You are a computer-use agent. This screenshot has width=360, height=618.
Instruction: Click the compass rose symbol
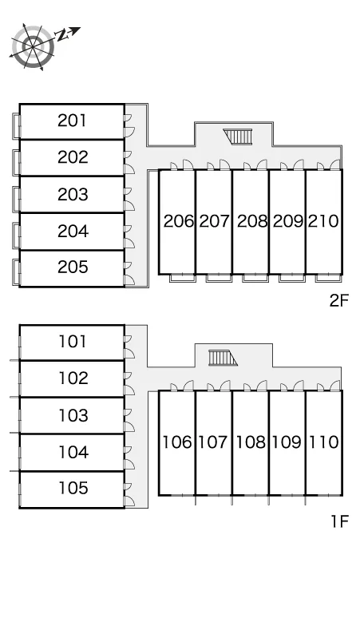pyautogui.click(x=33, y=46)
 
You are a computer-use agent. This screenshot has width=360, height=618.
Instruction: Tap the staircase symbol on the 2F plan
pyautogui.click(x=238, y=137)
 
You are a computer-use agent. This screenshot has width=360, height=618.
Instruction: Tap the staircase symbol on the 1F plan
pyautogui.click(x=223, y=358)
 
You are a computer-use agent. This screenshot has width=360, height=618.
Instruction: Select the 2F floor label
pyautogui.click(x=339, y=301)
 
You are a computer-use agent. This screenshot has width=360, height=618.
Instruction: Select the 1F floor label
pyautogui.click(x=339, y=521)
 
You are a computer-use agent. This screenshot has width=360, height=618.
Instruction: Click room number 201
pyautogui.click(x=72, y=121)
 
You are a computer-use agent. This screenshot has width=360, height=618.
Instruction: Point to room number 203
pyautogui.click(x=73, y=194)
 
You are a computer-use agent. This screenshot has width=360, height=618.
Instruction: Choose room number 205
pyautogui.click(x=73, y=267)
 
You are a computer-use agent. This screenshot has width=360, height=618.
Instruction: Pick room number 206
pyautogui.click(x=179, y=221)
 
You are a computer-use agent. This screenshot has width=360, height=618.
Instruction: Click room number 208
pyautogui.click(x=252, y=221)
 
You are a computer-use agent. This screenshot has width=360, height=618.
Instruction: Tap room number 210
pyautogui.click(x=323, y=221)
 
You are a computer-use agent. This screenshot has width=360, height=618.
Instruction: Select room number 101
pyautogui.click(x=73, y=342)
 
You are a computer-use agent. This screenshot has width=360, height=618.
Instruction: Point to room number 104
pyautogui.click(x=73, y=452)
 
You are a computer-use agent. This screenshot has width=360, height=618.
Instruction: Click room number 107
pyautogui.click(x=212, y=442)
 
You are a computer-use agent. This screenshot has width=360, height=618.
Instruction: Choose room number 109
pyautogui.click(x=287, y=442)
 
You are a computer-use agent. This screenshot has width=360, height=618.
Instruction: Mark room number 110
pyautogui.click(x=323, y=442)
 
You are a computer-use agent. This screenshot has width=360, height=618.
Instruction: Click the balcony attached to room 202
pyautogui.click(x=16, y=162)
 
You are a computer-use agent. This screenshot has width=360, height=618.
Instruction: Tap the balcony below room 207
pyautogui.click(x=219, y=278)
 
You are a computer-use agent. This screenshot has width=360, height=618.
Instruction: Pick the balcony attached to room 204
pyautogui.click(x=16, y=236)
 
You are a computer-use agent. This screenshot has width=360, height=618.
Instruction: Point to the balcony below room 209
pyautogui.click(x=292, y=278)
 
